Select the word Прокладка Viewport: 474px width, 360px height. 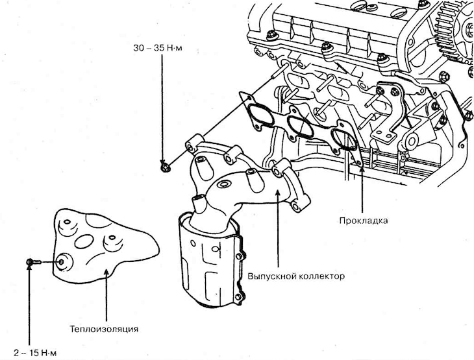click(364, 221)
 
